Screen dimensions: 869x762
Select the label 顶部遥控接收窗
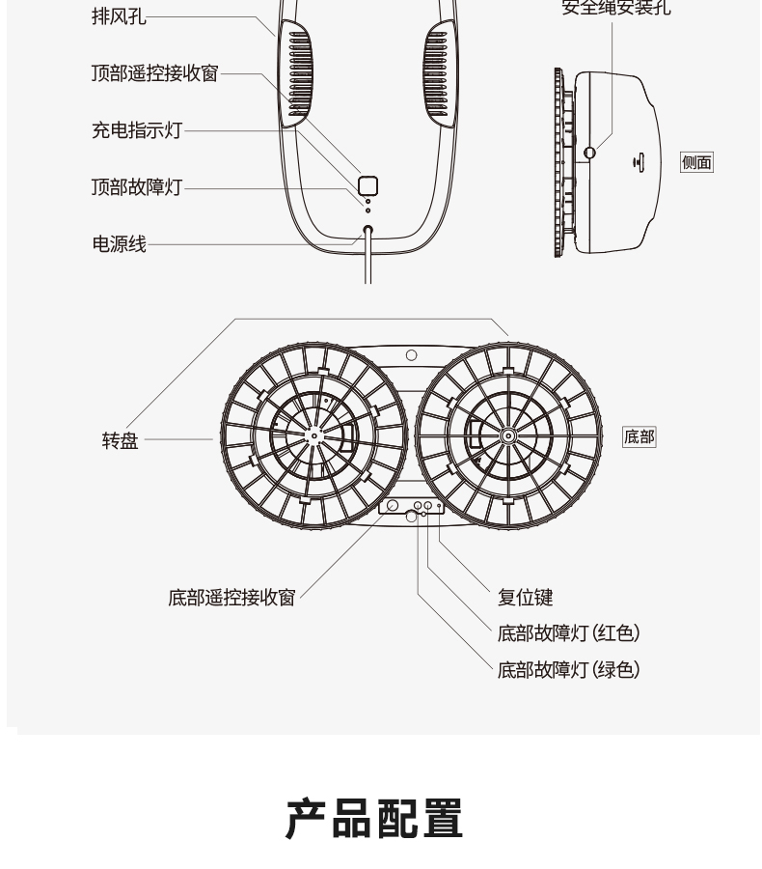click(x=154, y=73)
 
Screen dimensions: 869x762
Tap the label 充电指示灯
click(x=136, y=130)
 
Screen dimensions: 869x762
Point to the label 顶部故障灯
click(x=136, y=187)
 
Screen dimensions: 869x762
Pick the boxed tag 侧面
click(x=696, y=162)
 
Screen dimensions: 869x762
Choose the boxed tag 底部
click(x=639, y=437)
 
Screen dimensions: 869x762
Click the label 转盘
click(x=121, y=441)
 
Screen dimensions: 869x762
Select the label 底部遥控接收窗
click(x=231, y=598)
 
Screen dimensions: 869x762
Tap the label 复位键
click(x=525, y=598)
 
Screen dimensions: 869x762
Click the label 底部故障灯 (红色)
click(x=568, y=633)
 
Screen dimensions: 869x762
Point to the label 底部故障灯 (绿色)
click(x=568, y=669)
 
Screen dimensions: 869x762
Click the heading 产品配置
click(x=375, y=817)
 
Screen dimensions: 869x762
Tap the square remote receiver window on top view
click(x=367, y=186)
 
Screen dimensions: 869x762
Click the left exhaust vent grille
click(x=299, y=74)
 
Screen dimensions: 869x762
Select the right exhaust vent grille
click(x=435, y=74)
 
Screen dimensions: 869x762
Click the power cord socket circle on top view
click(x=367, y=232)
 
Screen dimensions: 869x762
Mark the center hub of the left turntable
click(x=314, y=436)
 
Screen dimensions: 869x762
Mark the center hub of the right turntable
click(x=507, y=436)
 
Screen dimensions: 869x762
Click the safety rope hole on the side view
click(x=590, y=152)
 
